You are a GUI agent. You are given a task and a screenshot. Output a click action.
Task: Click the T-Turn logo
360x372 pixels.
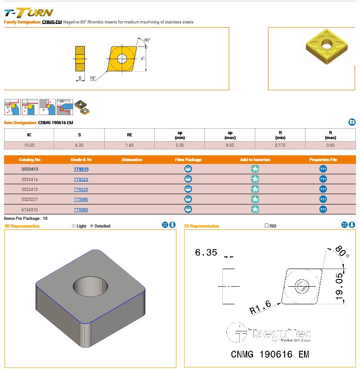(x=29, y=13)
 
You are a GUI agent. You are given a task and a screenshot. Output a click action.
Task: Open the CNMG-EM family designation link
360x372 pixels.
(x=52, y=22)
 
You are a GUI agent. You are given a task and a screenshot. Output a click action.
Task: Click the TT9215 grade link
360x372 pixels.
(x=81, y=169)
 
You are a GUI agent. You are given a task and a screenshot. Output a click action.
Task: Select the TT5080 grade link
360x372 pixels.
(x=81, y=200)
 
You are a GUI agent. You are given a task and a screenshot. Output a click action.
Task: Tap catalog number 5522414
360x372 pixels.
(x=30, y=180)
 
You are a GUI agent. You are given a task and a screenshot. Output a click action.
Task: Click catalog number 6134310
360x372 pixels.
(x=30, y=210)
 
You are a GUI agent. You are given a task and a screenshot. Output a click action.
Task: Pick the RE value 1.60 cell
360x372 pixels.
(x=129, y=145)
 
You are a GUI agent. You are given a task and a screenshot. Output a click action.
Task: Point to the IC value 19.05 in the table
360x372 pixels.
(x=29, y=145)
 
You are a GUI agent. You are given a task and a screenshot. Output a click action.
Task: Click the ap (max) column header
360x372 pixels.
(x=230, y=135)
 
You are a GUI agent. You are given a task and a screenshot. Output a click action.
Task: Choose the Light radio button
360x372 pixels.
(x=74, y=226)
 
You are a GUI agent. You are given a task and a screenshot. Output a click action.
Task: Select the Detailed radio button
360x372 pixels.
(x=92, y=226)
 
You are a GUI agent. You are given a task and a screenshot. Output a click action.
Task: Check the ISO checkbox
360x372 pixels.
(x=267, y=226)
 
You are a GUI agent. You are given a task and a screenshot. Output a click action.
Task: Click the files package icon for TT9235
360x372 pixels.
(x=188, y=189)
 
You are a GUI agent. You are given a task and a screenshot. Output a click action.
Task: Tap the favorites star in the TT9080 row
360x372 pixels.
(x=255, y=209)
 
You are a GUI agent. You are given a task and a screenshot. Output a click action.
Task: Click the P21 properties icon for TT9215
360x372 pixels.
(x=323, y=169)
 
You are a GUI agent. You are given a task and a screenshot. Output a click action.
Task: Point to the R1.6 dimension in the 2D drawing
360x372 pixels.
(x=260, y=307)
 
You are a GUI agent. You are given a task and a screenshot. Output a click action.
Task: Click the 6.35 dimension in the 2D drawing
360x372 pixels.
(x=206, y=252)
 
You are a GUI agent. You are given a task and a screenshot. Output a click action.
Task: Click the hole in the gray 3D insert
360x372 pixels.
(x=90, y=286)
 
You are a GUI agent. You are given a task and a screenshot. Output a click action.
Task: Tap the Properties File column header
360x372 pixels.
(x=323, y=160)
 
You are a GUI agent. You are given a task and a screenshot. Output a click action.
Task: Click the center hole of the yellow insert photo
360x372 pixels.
(x=327, y=45)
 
